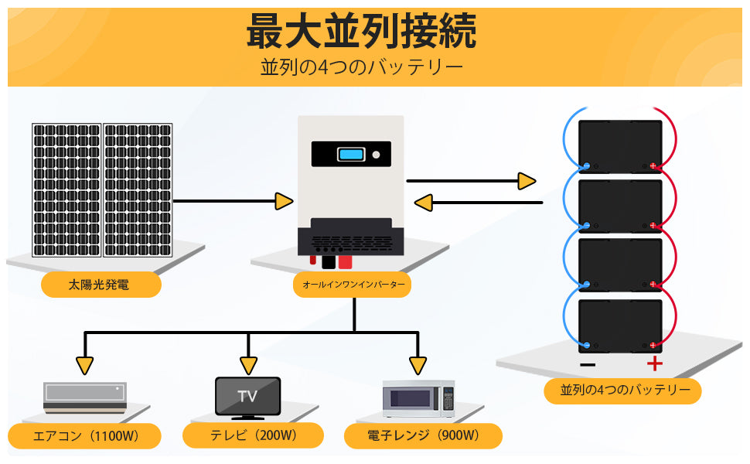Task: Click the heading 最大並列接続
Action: click(361, 32)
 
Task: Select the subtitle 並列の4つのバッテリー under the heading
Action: click(362, 67)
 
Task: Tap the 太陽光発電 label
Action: click(101, 285)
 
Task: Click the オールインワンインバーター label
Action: click(353, 285)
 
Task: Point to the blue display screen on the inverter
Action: click(351, 154)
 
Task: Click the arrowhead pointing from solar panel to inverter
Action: click(284, 202)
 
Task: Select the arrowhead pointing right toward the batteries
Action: click(527, 181)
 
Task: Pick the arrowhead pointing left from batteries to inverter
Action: click(423, 203)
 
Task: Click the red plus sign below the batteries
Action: click(655, 364)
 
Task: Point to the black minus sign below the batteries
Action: click(588, 364)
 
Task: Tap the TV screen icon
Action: click(247, 397)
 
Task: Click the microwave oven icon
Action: click(418, 399)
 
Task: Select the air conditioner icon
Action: click(84, 397)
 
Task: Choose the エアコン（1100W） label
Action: click(85, 436)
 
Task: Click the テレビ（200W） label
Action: click(253, 435)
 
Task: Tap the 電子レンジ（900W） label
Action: click(423, 435)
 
